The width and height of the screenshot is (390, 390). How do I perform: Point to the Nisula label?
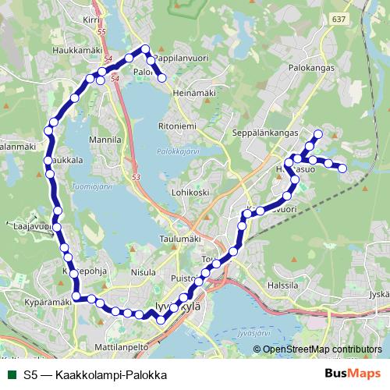click(144, 273)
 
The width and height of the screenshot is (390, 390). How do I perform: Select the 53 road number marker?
click(136, 178)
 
